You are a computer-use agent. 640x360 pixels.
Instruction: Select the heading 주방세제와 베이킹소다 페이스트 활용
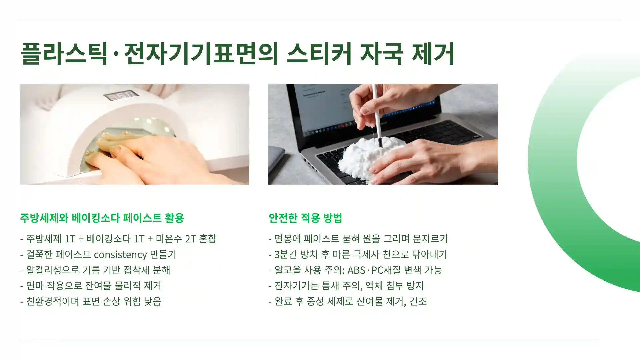[x=102, y=218]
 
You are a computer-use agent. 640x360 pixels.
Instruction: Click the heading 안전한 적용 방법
[x=305, y=218]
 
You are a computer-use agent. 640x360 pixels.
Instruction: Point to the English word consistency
[x=120, y=254]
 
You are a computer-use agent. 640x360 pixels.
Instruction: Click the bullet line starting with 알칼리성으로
[x=95, y=270]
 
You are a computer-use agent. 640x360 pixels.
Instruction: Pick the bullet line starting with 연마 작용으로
[x=91, y=286]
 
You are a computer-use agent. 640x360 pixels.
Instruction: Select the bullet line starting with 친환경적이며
[x=91, y=301]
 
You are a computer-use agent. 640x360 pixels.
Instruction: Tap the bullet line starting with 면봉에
[x=358, y=239]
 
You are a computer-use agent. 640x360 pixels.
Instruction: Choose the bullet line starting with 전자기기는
[x=346, y=286]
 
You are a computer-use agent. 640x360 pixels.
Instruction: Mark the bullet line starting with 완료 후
[x=348, y=301]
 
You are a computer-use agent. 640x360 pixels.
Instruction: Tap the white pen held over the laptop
[x=377, y=113]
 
